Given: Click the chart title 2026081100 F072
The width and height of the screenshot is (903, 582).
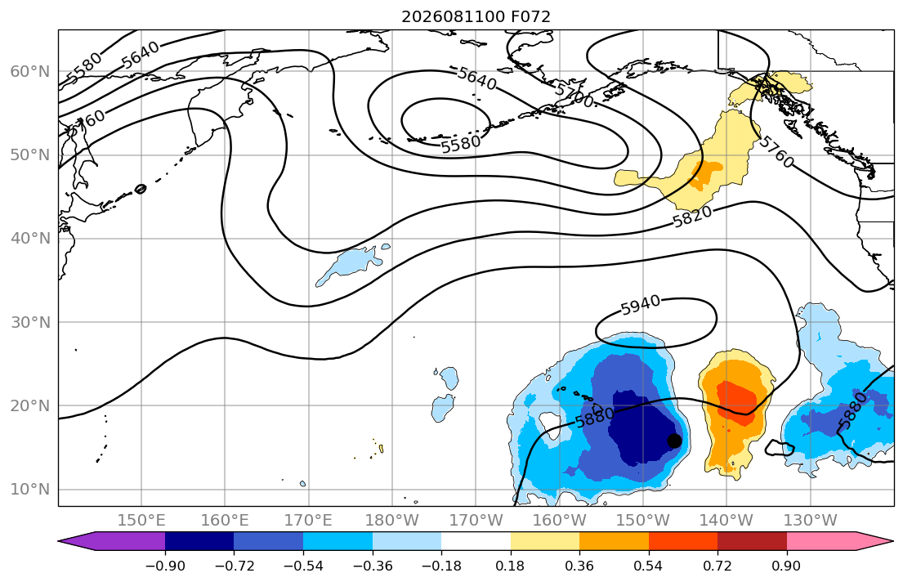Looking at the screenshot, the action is coord(476,16).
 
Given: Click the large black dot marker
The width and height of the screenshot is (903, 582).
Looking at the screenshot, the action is coord(674,441).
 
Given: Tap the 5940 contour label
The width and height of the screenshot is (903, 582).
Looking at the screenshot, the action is coord(641,306).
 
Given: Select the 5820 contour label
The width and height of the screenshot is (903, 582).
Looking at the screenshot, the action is coord(692,217).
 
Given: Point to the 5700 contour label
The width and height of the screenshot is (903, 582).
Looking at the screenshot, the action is coord(574,95).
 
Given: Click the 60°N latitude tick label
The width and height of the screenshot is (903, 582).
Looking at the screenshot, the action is coord(30,71).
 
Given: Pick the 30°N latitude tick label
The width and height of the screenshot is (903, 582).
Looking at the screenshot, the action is coord(30,322).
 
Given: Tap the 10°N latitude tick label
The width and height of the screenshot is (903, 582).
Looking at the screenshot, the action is coord(30,490).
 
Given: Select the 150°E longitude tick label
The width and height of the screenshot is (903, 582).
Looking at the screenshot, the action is coord(141,521).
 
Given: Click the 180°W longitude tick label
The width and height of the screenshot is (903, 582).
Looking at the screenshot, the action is coord(392,521).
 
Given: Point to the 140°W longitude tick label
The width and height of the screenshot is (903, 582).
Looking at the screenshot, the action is coord(726,521).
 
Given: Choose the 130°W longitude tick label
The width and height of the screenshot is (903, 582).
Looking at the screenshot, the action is coord(811,521).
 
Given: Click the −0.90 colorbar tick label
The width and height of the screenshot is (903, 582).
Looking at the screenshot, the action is coord(165,566).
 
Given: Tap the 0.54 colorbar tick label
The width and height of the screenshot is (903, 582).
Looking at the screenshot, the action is coord(649,566).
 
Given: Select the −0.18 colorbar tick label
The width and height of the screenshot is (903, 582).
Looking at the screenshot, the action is coord(442,566).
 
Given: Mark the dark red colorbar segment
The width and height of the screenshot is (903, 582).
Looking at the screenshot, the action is coord(752,541).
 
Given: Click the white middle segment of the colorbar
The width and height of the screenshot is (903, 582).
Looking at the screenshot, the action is coord(476,541).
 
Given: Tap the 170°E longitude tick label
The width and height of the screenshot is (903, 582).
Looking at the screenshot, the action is coord(308,521).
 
